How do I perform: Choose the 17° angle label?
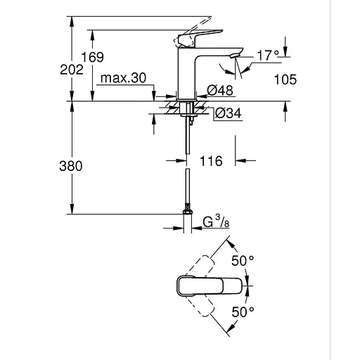(267, 55)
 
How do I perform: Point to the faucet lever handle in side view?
(201, 36)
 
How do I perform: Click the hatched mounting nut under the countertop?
(186, 108)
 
